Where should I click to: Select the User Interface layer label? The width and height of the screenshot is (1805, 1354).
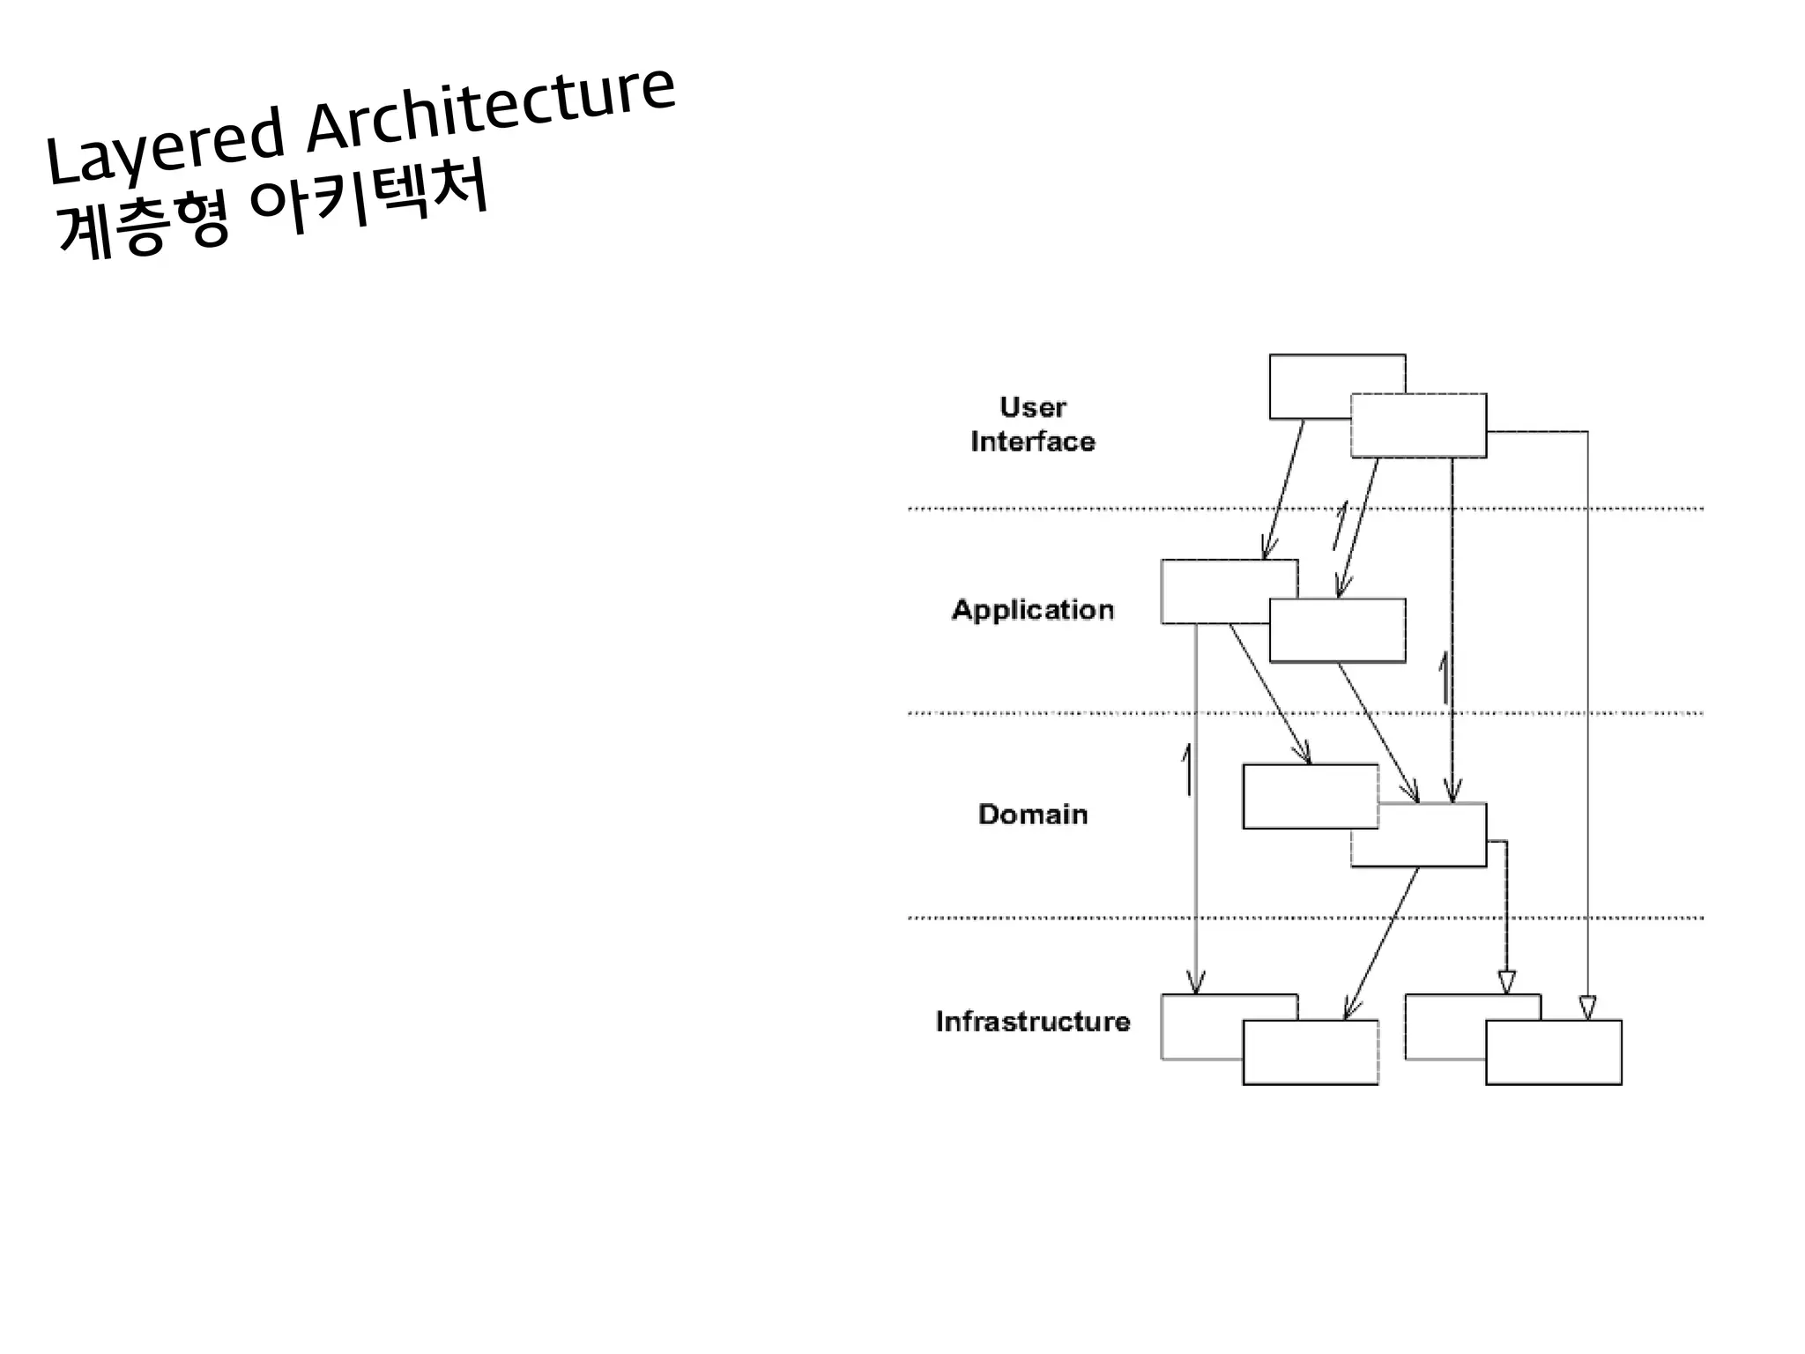[x=1032, y=424]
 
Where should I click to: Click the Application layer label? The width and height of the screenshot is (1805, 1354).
[x=1032, y=609]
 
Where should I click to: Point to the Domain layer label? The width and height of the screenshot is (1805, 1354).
[x=1032, y=814]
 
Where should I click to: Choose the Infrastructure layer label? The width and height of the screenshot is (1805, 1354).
[x=1032, y=1021]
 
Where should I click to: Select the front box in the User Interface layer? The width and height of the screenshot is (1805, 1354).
[x=1418, y=426]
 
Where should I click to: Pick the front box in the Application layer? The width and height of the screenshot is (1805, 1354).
[x=1337, y=631]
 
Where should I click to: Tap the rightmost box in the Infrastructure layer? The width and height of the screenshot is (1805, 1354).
[x=1553, y=1053]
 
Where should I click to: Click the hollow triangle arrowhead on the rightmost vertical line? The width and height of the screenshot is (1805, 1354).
[x=1587, y=1008]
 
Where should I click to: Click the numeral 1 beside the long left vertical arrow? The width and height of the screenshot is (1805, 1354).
[x=1186, y=769]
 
